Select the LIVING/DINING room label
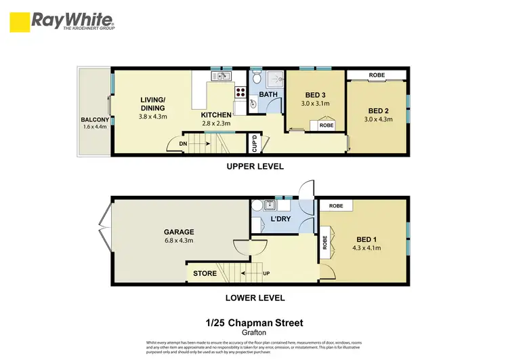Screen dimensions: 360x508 click(152, 104)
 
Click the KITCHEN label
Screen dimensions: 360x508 click(215, 115)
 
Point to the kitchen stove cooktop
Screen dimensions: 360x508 click(239, 92)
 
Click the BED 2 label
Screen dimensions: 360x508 click(379, 111)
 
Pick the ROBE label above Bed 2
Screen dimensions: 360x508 click(377, 75)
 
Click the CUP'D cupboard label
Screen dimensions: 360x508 click(254, 143)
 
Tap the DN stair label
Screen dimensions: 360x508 click(173, 144)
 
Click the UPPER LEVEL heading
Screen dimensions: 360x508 click(255, 167)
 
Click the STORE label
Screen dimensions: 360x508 click(205, 274)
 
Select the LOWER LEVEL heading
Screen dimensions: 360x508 click(255, 297)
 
